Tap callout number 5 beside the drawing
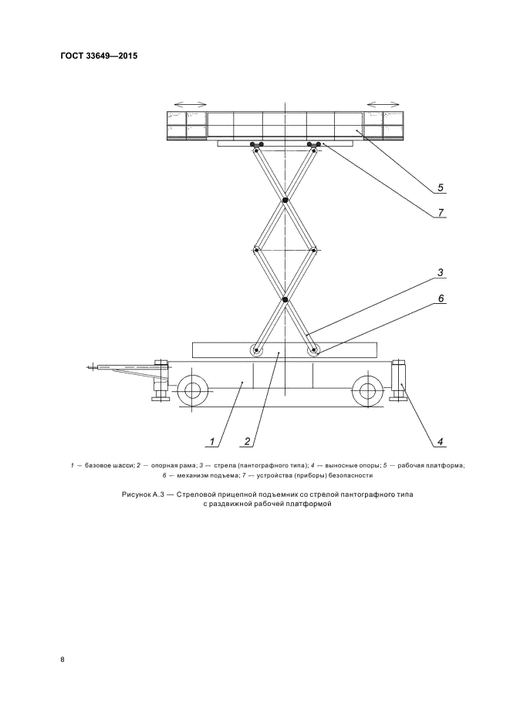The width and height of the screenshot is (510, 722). [x=439, y=187]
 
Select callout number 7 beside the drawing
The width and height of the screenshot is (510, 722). [x=439, y=211]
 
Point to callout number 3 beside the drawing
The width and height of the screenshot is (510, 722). [x=439, y=272]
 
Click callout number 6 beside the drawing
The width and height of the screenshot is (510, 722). [x=439, y=297]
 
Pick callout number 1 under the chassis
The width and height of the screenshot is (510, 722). [x=210, y=442]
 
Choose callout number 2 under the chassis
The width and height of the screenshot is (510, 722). [x=247, y=442]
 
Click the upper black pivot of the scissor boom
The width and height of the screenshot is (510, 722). [x=285, y=201]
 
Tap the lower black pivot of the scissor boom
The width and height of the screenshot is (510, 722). [x=285, y=299]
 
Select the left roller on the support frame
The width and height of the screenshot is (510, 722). [x=256, y=351]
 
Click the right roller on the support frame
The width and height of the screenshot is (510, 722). [x=314, y=351]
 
